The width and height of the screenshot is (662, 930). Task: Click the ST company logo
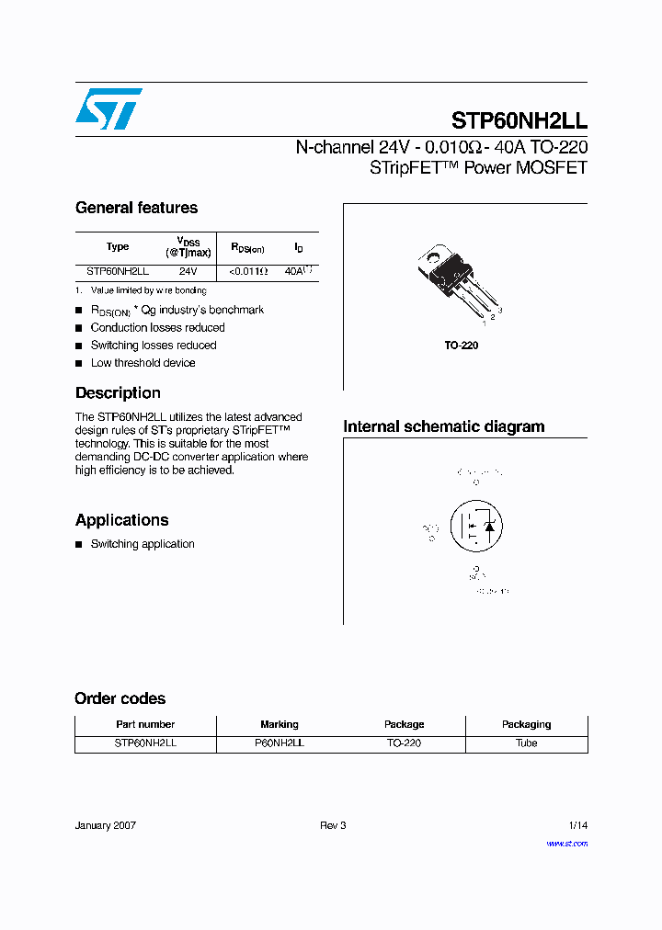point(108,109)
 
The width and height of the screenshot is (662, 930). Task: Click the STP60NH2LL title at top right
point(519,121)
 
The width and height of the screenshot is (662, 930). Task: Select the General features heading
point(136,208)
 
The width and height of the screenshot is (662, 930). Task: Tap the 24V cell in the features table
point(188,272)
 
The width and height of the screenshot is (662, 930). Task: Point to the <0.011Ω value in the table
point(248,272)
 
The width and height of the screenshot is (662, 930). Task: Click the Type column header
point(118,246)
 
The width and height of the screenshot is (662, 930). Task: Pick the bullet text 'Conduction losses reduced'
point(157,328)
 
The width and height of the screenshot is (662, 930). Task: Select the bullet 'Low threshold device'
point(143,363)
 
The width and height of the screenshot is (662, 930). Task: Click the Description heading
point(118,393)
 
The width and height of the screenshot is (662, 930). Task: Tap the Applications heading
point(121,520)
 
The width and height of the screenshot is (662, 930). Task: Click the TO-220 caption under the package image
point(462,346)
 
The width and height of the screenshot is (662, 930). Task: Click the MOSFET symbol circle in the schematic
point(475,527)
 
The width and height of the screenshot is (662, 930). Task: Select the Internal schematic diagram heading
point(443,426)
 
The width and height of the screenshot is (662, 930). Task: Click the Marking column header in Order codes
point(279,724)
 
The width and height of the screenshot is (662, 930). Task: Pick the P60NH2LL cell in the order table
point(279,743)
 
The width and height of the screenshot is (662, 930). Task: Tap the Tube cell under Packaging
point(526,743)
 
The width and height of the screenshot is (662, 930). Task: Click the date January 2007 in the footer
point(105,825)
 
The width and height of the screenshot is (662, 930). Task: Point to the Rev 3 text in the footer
point(333,825)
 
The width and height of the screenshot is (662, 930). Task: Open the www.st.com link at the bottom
point(566,844)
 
